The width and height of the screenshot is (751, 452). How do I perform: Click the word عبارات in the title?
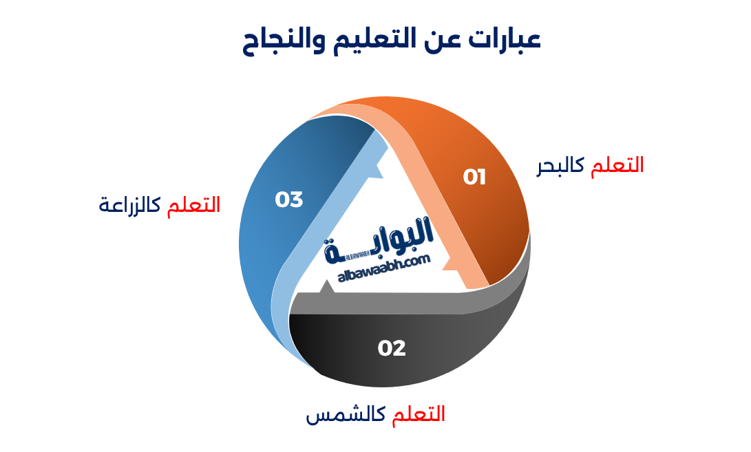tap(507, 39)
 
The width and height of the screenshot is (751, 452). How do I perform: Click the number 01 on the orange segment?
tap(474, 177)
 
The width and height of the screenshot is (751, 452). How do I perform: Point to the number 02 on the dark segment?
tap(392, 348)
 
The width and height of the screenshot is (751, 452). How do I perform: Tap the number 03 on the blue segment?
tap(289, 200)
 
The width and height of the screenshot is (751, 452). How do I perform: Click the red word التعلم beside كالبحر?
tap(617, 165)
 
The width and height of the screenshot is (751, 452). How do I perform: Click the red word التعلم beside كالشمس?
tap(419, 414)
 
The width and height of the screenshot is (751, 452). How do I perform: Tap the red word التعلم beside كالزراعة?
tap(193, 204)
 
